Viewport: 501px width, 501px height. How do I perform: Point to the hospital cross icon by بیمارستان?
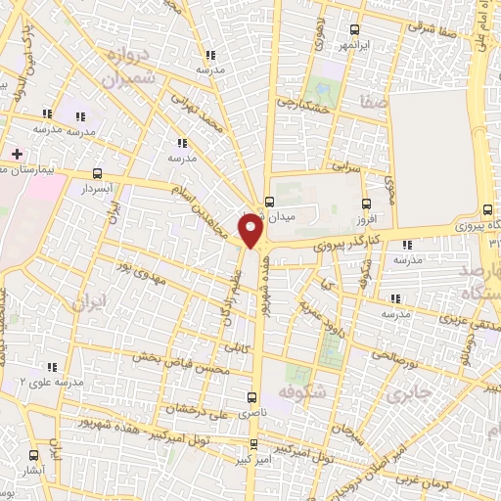17,154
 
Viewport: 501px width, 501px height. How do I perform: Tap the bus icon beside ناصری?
252,397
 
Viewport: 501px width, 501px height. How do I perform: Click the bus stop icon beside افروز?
367,205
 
